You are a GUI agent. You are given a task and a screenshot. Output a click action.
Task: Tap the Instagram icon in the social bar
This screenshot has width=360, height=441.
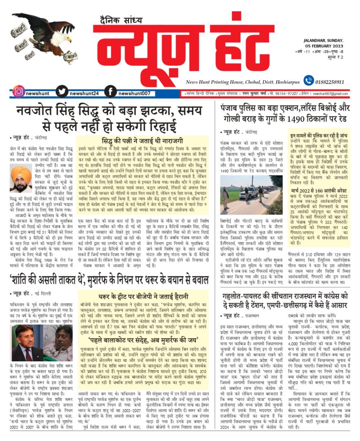click(x=19, y=91)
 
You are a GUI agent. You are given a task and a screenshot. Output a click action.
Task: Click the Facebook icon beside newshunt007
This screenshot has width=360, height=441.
click(x=110, y=91)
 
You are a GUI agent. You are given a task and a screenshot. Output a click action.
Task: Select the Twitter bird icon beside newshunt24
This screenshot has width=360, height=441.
click(x=60, y=91)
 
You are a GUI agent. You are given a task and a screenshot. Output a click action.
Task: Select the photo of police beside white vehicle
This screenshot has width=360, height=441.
click(x=252, y=191)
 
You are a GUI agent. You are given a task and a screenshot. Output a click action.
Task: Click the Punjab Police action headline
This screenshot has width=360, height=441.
click(x=286, y=113)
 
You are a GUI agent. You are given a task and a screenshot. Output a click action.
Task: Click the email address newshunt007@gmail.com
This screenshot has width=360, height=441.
click(x=334, y=93)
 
